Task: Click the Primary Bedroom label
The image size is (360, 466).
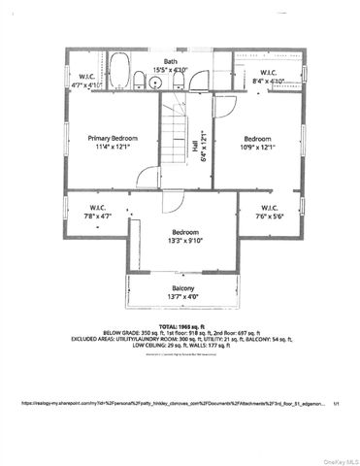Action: point(109,138)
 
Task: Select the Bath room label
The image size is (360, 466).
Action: point(170,61)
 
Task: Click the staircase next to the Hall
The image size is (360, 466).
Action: point(177,130)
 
